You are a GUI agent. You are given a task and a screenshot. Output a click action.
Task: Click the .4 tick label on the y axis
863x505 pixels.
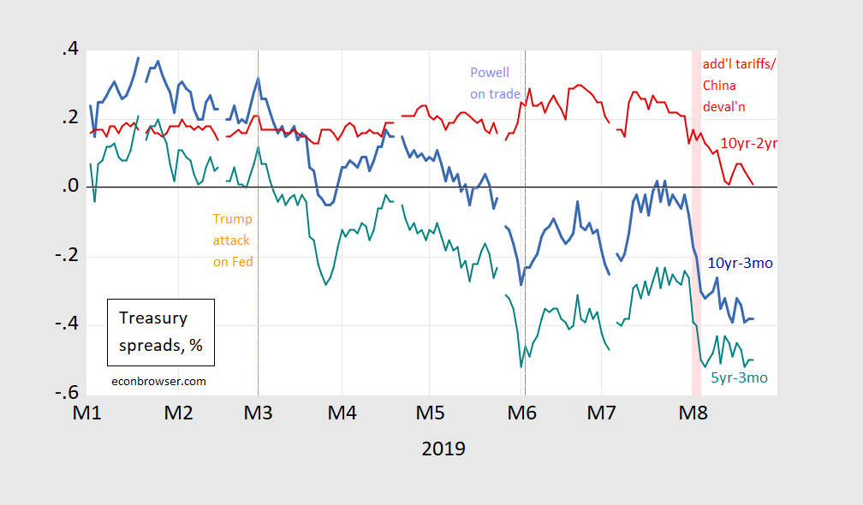(69, 50)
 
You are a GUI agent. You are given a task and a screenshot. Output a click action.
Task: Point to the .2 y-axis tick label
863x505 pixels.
(69, 119)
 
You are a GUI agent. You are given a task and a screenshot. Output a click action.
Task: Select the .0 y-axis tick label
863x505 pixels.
(69, 187)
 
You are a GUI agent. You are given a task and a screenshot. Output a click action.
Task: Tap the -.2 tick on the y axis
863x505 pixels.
(66, 256)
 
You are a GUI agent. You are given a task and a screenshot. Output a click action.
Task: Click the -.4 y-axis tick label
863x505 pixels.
(66, 324)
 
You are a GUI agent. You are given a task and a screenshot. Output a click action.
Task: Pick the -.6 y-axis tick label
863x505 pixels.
(66, 393)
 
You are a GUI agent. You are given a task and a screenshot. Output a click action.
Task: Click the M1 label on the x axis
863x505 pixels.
(86, 413)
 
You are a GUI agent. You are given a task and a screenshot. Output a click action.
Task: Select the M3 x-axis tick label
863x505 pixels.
(258, 413)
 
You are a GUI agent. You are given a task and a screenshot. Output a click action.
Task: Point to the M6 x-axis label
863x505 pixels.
(521, 413)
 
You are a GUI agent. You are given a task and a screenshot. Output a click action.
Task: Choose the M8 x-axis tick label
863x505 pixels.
(693, 413)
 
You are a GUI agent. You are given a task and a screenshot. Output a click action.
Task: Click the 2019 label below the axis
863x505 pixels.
(443, 449)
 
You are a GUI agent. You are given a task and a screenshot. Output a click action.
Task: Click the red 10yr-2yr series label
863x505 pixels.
(747, 143)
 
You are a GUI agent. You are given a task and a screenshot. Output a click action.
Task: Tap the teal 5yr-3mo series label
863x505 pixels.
(738, 377)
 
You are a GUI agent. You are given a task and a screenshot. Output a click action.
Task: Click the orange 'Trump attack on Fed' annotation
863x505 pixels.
(233, 241)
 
